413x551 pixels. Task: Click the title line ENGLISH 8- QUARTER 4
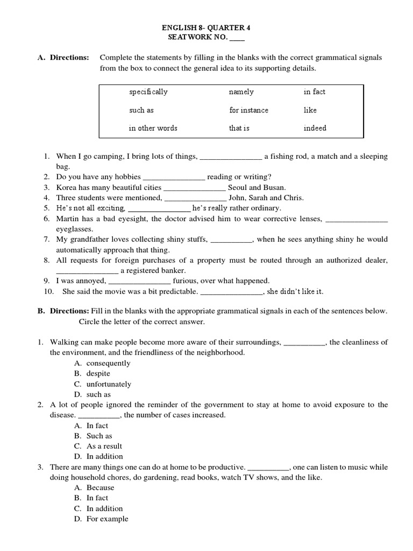(206, 27)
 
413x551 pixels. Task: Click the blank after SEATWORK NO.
(237, 38)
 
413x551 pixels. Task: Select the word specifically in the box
(148, 92)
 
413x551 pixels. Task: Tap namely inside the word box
(241, 92)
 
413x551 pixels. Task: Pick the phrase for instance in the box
(248, 110)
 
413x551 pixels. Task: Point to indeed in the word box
(315, 129)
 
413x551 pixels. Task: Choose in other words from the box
(153, 129)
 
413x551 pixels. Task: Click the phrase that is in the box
(239, 129)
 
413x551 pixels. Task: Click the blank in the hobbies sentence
(174, 177)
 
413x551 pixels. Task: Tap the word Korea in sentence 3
(67, 188)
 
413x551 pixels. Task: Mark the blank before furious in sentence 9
(140, 281)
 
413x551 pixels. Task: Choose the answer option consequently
(108, 363)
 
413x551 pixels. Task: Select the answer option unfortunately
(109, 384)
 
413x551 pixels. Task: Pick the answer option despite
(98, 373)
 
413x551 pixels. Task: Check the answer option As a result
(104, 446)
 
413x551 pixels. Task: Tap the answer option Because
(101, 488)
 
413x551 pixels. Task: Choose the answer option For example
(108, 519)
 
